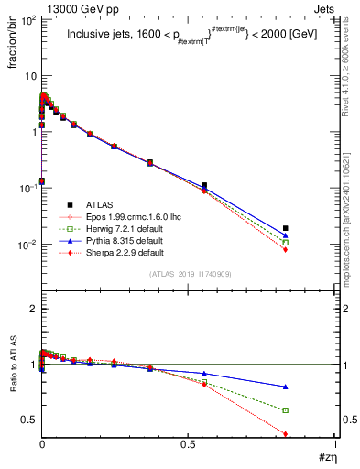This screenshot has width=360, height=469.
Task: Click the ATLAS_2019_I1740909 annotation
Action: pyautogui.click(x=188, y=274)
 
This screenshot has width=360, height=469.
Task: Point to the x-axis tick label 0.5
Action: pyautogui.click(x=189, y=448)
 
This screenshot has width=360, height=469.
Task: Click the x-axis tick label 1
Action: pyautogui.click(x=335, y=448)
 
